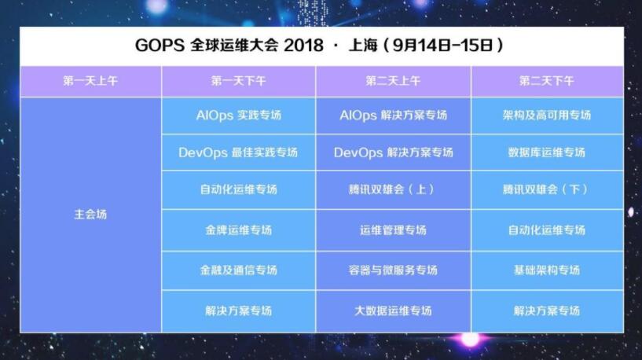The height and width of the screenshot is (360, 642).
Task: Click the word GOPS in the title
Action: click(160, 45)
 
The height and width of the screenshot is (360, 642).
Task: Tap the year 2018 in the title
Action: click(303, 45)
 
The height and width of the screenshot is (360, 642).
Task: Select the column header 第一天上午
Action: click(90, 81)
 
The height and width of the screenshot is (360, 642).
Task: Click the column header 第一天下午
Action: click(239, 81)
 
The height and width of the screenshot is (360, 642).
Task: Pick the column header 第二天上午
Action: click(393, 81)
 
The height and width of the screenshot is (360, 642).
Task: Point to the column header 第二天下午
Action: click(547, 81)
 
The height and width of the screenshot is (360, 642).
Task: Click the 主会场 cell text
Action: click(90, 215)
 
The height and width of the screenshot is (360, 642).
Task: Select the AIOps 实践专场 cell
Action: click(239, 115)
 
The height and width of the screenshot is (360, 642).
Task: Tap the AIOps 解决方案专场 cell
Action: click(393, 115)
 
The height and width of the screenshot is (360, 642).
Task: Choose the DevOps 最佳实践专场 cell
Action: click(238, 152)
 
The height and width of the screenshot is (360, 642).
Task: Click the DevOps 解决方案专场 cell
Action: click(393, 152)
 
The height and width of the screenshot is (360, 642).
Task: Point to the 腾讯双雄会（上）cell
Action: click(392, 189)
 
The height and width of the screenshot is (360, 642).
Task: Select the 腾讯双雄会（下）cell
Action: click(547, 189)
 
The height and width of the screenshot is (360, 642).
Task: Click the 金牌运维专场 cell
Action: click(239, 230)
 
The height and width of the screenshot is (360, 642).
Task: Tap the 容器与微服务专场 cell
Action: click(393, 270)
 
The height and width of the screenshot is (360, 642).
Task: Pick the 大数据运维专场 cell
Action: click(393, 310)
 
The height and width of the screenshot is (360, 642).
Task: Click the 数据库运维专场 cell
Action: click(547, 152)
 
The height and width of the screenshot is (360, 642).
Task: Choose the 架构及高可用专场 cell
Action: click(547, 115)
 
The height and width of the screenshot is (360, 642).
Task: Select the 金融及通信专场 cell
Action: click(239, 270)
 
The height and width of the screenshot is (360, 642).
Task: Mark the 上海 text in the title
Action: click(363, 45)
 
